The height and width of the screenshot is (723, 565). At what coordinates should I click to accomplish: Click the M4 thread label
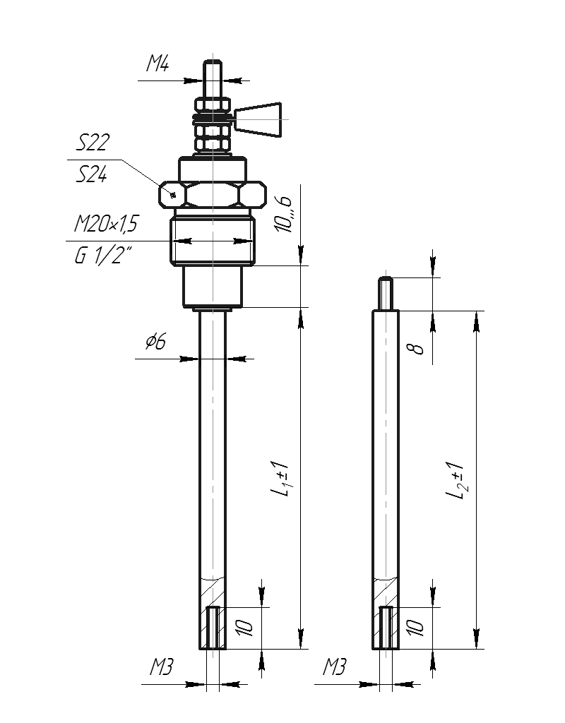(x=157, y=63)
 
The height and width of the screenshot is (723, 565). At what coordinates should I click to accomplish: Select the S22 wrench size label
(x=93, y=143)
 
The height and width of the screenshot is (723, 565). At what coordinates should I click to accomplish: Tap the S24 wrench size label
(x=91, y=174)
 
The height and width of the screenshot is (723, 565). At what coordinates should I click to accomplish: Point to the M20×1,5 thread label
(x=106, y=224)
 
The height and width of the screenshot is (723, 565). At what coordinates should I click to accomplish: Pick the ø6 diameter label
(x=155, y=341)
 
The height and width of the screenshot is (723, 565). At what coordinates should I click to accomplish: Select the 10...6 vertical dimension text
(x=282, y=214)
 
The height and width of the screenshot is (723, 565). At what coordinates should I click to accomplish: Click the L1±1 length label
(x=280, y=479)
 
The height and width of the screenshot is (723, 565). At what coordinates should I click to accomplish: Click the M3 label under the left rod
(x=161, y=667)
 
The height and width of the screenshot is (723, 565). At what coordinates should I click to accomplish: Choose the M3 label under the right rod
(x=334, y=667)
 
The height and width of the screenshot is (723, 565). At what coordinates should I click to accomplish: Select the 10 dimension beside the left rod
(x=244, y=628)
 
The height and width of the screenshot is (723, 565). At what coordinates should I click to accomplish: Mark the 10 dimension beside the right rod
(x=415, y=628)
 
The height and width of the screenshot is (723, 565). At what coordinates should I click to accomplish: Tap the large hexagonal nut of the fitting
(x=213, y=195)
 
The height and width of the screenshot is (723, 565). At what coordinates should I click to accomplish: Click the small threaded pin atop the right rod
(x=386, y=293)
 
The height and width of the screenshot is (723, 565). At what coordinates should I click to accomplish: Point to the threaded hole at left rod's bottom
(x=213, y=628)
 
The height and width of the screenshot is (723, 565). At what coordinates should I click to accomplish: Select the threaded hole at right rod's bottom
(x=386, y=628)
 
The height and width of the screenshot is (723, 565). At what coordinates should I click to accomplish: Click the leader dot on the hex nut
(x=174, y=195)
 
